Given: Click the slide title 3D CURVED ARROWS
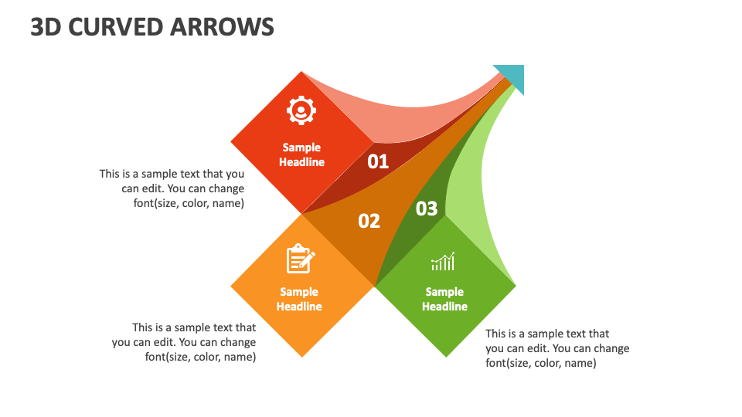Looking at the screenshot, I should click(x=152, y=26).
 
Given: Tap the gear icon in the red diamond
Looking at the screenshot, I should click(x=301, y=111).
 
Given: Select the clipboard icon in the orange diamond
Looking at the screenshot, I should click(x=300, y=259).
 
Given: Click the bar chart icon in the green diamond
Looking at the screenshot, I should click(x=443, y=263).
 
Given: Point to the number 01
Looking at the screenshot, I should click(x=378, y=161).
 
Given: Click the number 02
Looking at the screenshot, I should click(x=369, y=221).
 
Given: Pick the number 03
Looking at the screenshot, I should click(x=427, y=208).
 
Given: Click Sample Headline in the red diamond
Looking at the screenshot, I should click(x=301, y=154).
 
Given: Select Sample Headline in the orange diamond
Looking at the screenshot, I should click(x=299, y=299).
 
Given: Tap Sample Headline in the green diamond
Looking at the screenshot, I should click(x=444, y=299).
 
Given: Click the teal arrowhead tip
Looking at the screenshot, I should click(x=512, y=76).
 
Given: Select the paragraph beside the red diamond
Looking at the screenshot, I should click(x=172, y=188).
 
